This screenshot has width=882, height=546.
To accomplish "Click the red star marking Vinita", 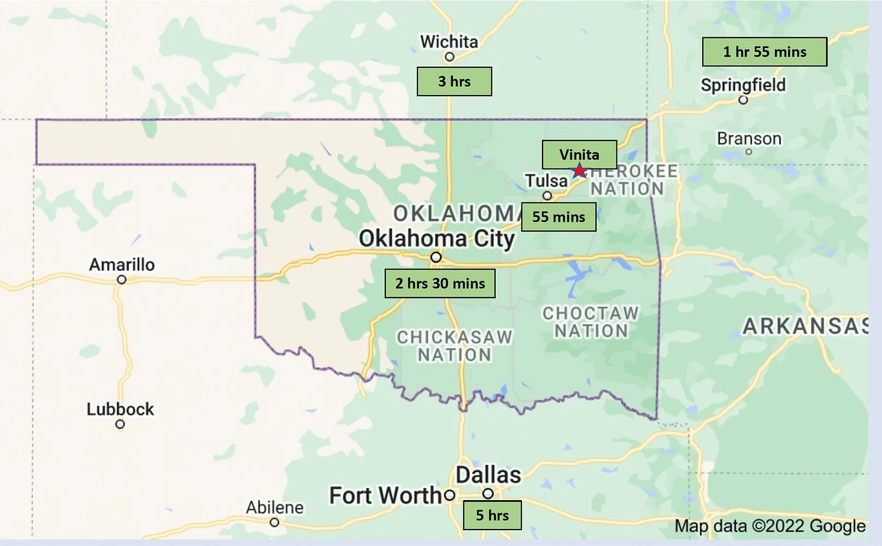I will pyautogui.click(x=579, y=171).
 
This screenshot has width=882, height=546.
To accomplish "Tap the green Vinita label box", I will pyautogui.click(x=579, y=155).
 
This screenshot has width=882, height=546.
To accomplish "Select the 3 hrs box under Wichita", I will pyautogui.click(x=454, y=81).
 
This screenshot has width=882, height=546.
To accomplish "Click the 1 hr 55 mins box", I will pyautogui.click(x=765, y=52).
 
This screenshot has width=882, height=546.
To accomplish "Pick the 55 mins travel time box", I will pyautogui.click(x=558, y=217).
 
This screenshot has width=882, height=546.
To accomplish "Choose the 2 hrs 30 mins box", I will pyautogui.click(x=440, y=283).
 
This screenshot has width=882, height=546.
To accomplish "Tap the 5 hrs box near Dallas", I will pyautogui.click(x=492, y=515).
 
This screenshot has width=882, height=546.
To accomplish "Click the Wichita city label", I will pyautogui.click(x=449, y=41).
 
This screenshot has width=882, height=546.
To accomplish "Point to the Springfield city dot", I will pyautogui.click(x=743, y=100).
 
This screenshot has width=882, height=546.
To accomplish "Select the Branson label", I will pyautogui.click(x=749, y=139).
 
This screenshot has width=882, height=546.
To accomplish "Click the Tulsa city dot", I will pyautogui.click(x=547, y=195).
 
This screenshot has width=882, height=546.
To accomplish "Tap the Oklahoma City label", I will pyautogui.click(x=437, y=239).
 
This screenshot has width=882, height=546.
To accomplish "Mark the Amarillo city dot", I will pyautogui.click(x=122, y=280).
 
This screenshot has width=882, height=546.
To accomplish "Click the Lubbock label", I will pyautogui.click(x=120, y=409).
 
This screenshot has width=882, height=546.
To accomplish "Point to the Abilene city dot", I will pyautogui.click(x=274, y=523).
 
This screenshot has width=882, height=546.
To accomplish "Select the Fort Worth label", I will pyautogui.click(x=385, y=496).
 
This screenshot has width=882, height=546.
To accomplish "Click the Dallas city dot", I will pyautogui.click(x=488, y=494).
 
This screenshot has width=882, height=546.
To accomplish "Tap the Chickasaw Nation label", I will pyautogui.click(x=455, y=346).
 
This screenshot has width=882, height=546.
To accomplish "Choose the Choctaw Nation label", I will pyautogui.click(x=591, y=322).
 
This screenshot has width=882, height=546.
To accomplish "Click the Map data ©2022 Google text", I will pyautogui.click(x=770, y=526).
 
